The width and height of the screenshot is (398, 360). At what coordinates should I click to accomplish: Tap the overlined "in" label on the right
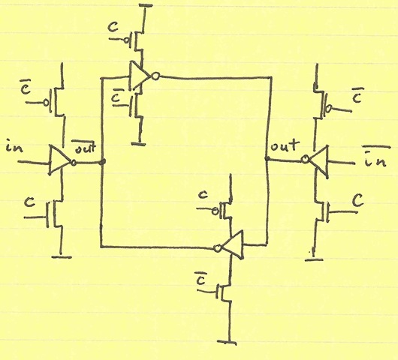click(x=375, y=157)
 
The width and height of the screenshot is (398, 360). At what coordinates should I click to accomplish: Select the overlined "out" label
click(x=84, y=147)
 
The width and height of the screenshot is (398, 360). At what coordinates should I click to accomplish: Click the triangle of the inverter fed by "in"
click(x=59, y=160)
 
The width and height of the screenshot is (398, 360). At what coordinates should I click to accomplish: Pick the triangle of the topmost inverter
click(x=140, y=76)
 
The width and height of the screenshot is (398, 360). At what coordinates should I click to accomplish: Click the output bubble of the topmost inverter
click(x=155, y=76)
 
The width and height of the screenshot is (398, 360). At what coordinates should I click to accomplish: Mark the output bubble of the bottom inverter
click(x=218, y=248)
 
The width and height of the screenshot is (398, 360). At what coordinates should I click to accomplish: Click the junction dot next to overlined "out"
click(x=103, y=161)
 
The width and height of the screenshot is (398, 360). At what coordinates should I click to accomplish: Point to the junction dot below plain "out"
click(x=267, y=159)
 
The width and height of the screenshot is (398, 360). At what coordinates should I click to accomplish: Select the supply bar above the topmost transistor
click(x=145, y=4)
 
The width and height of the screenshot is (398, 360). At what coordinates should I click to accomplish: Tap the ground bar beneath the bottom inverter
click(x=227, y=342)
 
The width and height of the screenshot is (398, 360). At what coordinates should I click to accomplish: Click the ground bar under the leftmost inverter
click(x=62, y=257)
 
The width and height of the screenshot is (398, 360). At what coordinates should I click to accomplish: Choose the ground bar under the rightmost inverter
click(x=314, y=259)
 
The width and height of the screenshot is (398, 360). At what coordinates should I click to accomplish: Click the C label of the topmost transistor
click(x=113, y=27)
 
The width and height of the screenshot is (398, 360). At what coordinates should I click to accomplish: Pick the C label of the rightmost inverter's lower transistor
click(x=359, y=200)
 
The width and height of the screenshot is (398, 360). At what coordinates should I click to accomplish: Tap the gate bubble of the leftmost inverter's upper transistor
click(x=47, y=103)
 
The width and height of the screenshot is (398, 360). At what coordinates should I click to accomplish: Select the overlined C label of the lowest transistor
click(x=200, y=278)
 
